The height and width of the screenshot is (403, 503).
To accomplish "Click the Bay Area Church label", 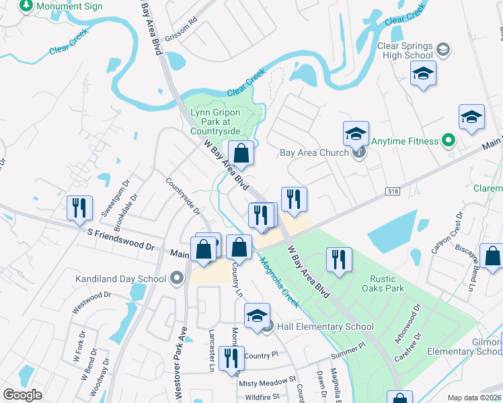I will pyautogui.click(x=314, y=152).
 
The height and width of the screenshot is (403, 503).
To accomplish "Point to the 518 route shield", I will pyautogui.click(x=393, y=191).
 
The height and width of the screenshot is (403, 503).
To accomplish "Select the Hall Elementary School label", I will pyautogui.click(x=325, y=327).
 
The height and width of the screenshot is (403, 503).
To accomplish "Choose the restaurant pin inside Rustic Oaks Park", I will pyautogui.click(x=339, y=259).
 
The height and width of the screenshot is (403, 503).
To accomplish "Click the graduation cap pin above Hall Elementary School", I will pyautogui.click(x=257, y=316).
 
